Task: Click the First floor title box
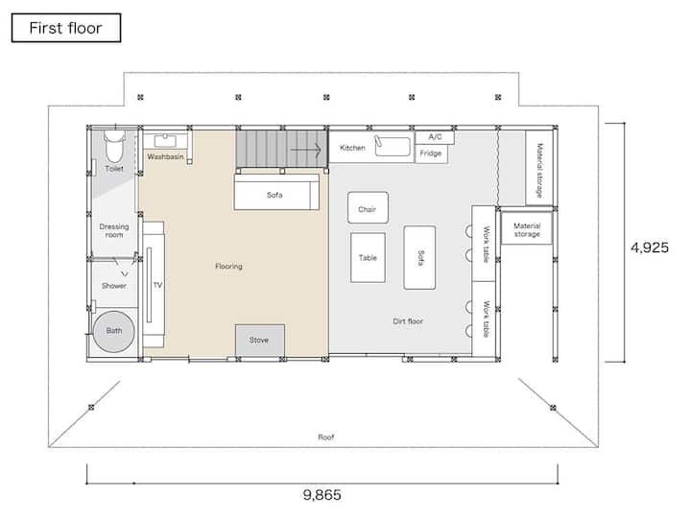[x=66, y=28]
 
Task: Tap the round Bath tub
[x=113, y=331]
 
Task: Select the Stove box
[x=259, y=340]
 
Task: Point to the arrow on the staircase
[x=306, y=150]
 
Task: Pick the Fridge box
[x=432, y=153]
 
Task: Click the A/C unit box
[x=435, y=137]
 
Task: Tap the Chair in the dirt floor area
[x=368, y=207]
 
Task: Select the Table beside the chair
[x=368, y=258]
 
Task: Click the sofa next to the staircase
[x=276, y=192]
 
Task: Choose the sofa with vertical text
[x=419, y=258]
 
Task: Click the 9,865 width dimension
[x=322, y=495]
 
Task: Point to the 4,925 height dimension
[x=650, y=248]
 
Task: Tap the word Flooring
[x=228, y=266]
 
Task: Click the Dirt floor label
[x=408, y=321]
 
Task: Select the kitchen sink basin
[x=393, y=146]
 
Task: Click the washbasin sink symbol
[x=165, y=141]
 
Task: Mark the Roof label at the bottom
[x=326, y=437]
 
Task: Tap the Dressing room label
[x=114, y=230]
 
